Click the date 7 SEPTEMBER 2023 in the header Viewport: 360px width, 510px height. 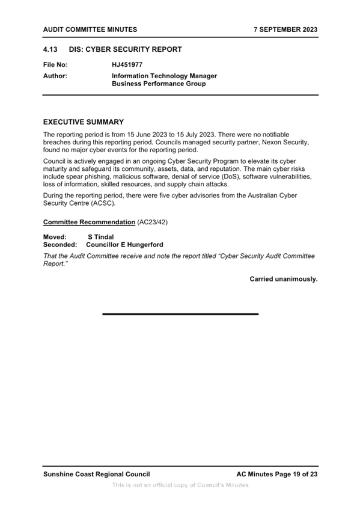tap(285, 29)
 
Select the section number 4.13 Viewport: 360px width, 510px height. tap(50, 49)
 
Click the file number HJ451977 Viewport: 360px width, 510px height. tap(127, 65)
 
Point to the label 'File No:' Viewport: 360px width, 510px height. tap(55, 65)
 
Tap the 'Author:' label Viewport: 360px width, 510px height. tap(55, 76)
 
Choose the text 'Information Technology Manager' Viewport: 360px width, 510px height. tap(164, 76)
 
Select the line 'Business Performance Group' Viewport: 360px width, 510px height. tap(159, 84)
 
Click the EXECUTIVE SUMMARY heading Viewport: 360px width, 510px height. tap(84, 122)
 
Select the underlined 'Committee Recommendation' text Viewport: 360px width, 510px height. tap(89, 222)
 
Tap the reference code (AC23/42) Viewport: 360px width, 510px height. tap(153, 222)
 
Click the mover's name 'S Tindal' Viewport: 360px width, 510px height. tap(101, 237)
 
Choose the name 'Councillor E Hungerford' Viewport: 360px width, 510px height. tap(124, 245)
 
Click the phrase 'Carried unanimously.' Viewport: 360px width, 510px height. tap(283, 279)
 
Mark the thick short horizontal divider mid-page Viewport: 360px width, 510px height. tap(180, 314)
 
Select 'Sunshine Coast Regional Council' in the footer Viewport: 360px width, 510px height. tap(97, 475)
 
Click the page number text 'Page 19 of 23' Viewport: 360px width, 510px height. tap(296, 475)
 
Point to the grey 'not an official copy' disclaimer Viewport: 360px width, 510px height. tap(180, 485)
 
